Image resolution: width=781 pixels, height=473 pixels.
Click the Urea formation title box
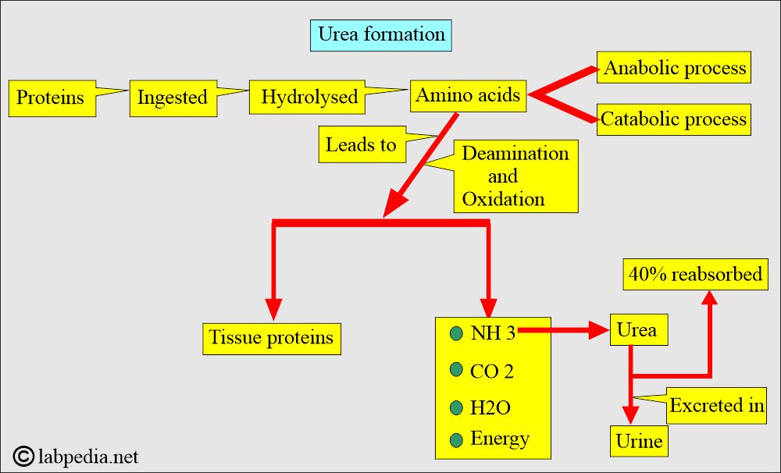tap(380, 35)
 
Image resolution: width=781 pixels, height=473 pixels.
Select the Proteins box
tap(52, 98)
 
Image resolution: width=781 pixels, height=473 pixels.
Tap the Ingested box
tap(173, 98)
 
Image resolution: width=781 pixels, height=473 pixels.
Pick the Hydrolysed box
tap(307, 97)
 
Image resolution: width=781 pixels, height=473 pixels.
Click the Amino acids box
tap(468, 95)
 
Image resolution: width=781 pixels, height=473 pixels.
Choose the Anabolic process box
tap(674, 67)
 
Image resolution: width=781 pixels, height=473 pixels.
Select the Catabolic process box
tap(674, 119)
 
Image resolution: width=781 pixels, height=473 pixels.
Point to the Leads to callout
tap(362, 144)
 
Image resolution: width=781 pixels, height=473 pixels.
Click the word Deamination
tap(515, 153)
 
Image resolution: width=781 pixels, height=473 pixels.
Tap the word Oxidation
tap(503, 199)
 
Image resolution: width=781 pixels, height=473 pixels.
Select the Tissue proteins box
tap(272, 339)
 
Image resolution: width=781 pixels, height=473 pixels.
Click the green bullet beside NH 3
tap(456, 333)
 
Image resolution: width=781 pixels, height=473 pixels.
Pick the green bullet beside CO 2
tap(456, 369)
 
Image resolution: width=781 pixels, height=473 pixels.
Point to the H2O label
tap(490, 407)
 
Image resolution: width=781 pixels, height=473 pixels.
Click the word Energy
tap(500, 439)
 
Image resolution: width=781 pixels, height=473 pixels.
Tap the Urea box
tap(639, 329)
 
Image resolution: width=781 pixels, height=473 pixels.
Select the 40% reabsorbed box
tap(695, 274)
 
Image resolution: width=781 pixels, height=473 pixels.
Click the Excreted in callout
tap(716, 406)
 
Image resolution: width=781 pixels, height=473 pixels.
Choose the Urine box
tap(639, 441)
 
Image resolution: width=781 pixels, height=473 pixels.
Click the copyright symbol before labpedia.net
tap(23, 456)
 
